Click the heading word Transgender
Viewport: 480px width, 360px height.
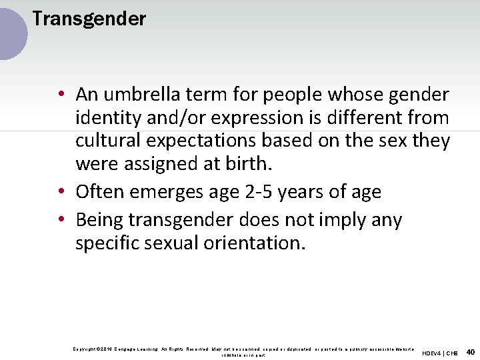pyautogui.click(x=89, y=19)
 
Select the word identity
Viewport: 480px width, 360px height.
pyautogui.click(x=107, y=118)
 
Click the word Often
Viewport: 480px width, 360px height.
pyautogui.click(x=100, y=192)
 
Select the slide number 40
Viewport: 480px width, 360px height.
pyautogui.click(x=471, y=351)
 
